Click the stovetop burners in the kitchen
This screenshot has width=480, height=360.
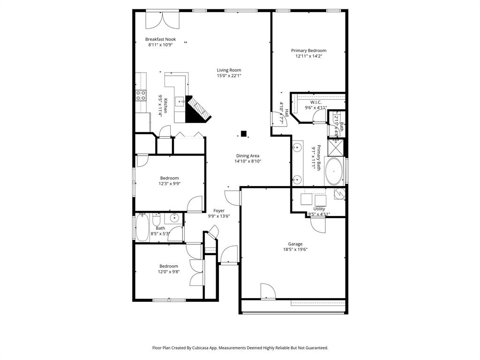point(140,96)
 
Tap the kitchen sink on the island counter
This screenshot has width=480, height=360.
point(180,102)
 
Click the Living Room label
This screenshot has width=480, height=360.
point(229,70)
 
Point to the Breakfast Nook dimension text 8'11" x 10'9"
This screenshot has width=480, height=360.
point(160,45)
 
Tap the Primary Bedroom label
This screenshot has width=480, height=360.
point(308,51)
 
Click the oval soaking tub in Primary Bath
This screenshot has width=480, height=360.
point(334,171)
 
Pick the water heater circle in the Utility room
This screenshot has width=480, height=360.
point(339,193)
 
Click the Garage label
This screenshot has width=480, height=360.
point(295,244)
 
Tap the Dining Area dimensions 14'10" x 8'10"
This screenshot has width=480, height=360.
point(247,162)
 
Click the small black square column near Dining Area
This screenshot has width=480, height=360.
point(243,133)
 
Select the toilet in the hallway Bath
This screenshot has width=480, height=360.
point(157,220)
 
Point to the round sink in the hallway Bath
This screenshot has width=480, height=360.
point(174,217)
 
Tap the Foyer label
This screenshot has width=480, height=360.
point(219,211)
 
